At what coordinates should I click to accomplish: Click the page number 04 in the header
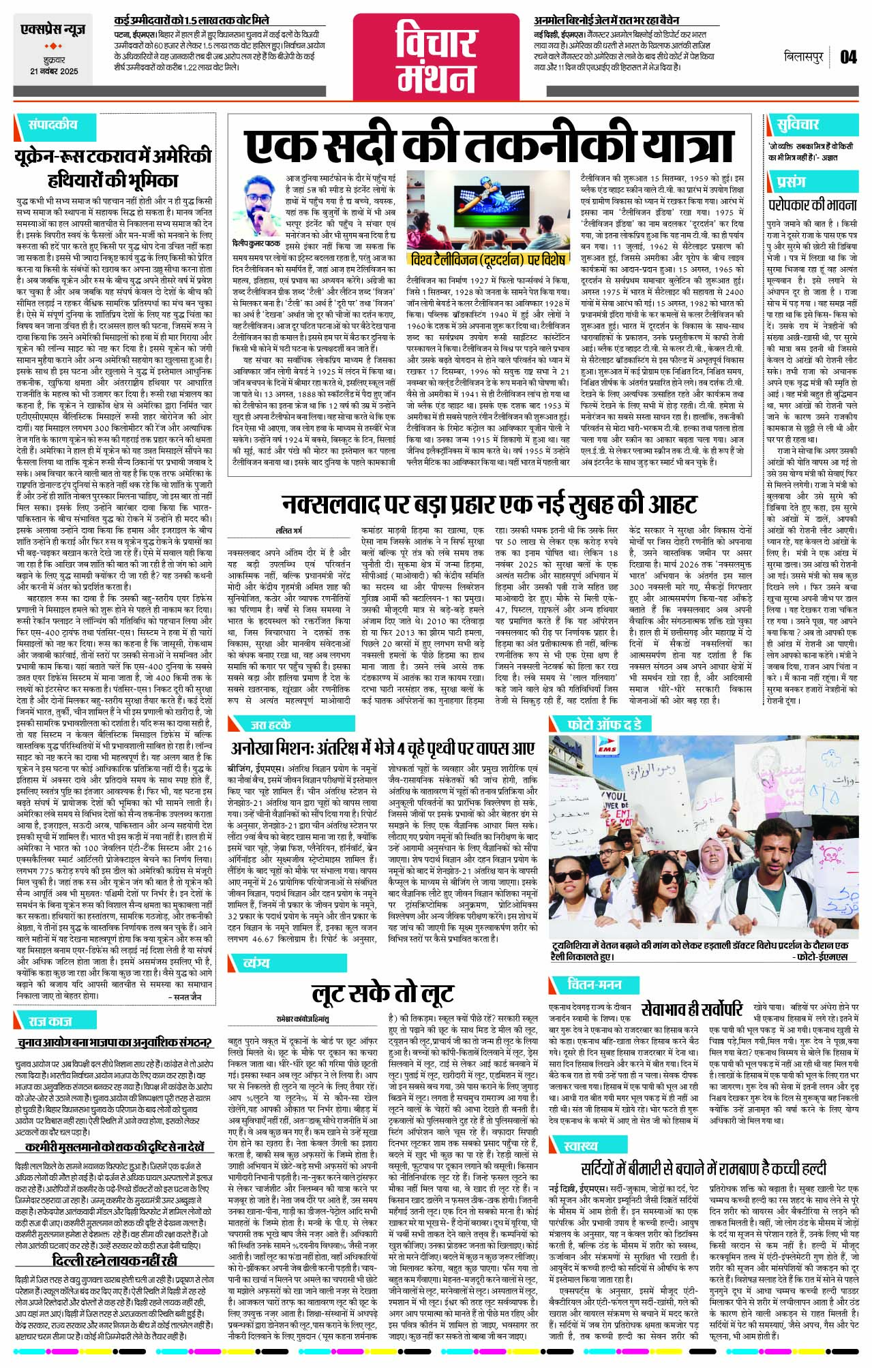coord(847,57)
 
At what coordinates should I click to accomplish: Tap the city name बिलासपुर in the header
coord(803,57)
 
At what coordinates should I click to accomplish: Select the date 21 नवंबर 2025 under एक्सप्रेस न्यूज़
coord(54,72)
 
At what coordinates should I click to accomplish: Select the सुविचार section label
coord(797,125)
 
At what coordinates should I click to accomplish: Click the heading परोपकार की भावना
coord(813,204)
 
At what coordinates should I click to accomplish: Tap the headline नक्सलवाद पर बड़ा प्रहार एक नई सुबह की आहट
coord(489,505)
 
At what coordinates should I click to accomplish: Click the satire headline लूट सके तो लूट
coord(382,993)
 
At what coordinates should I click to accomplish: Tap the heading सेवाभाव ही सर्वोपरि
coord(692,1008)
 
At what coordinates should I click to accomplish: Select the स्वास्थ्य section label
coord(580,1145)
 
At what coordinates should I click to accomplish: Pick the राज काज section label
coord(49,1020)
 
